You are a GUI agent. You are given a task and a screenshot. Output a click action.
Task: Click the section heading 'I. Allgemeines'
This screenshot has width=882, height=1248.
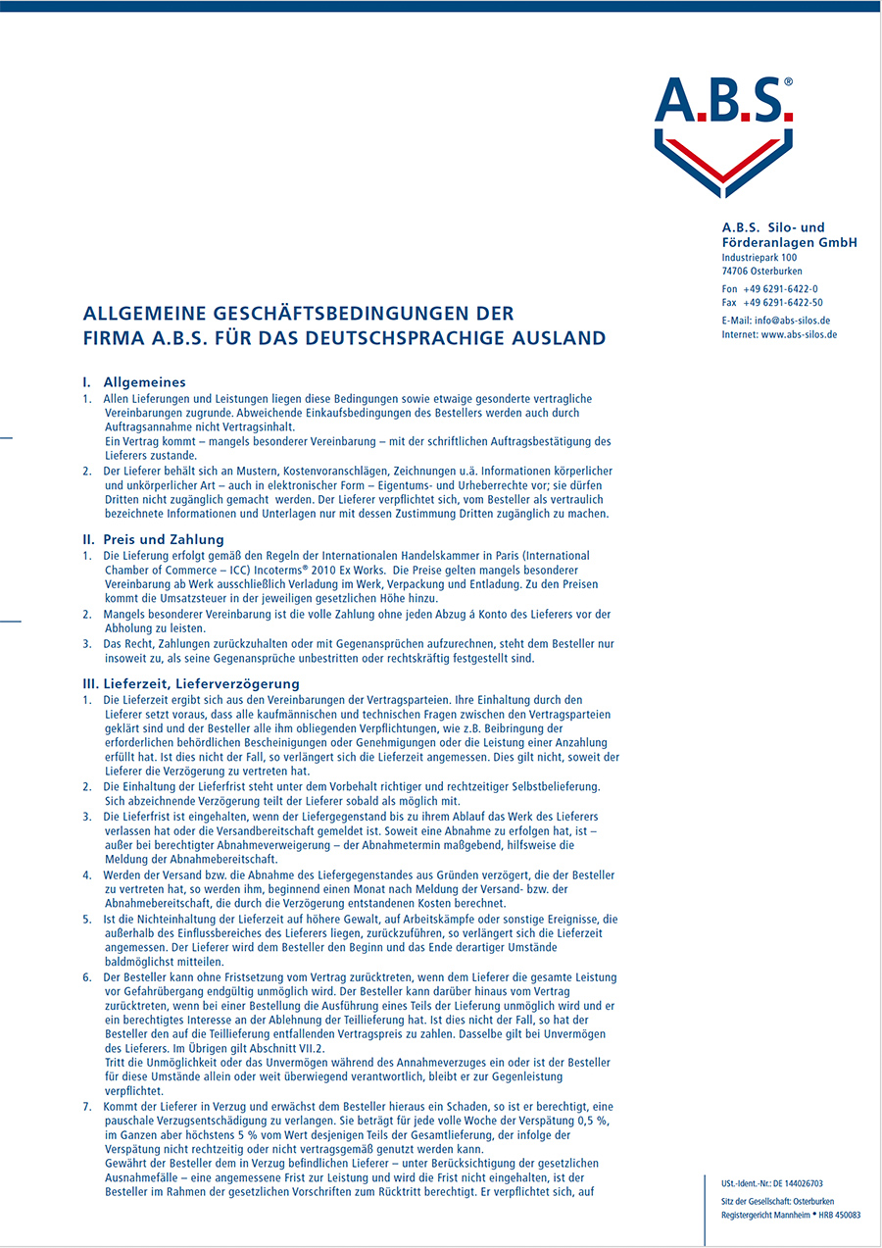click(x=134, y=382)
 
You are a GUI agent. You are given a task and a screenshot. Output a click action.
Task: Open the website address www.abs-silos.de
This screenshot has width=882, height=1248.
click(x=799, y=334)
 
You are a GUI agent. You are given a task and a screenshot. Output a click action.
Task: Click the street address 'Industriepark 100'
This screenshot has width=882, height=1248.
click(x=759, y=258)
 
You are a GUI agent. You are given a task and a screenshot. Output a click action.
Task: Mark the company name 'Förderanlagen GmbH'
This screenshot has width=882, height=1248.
click(x=790, y=242)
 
